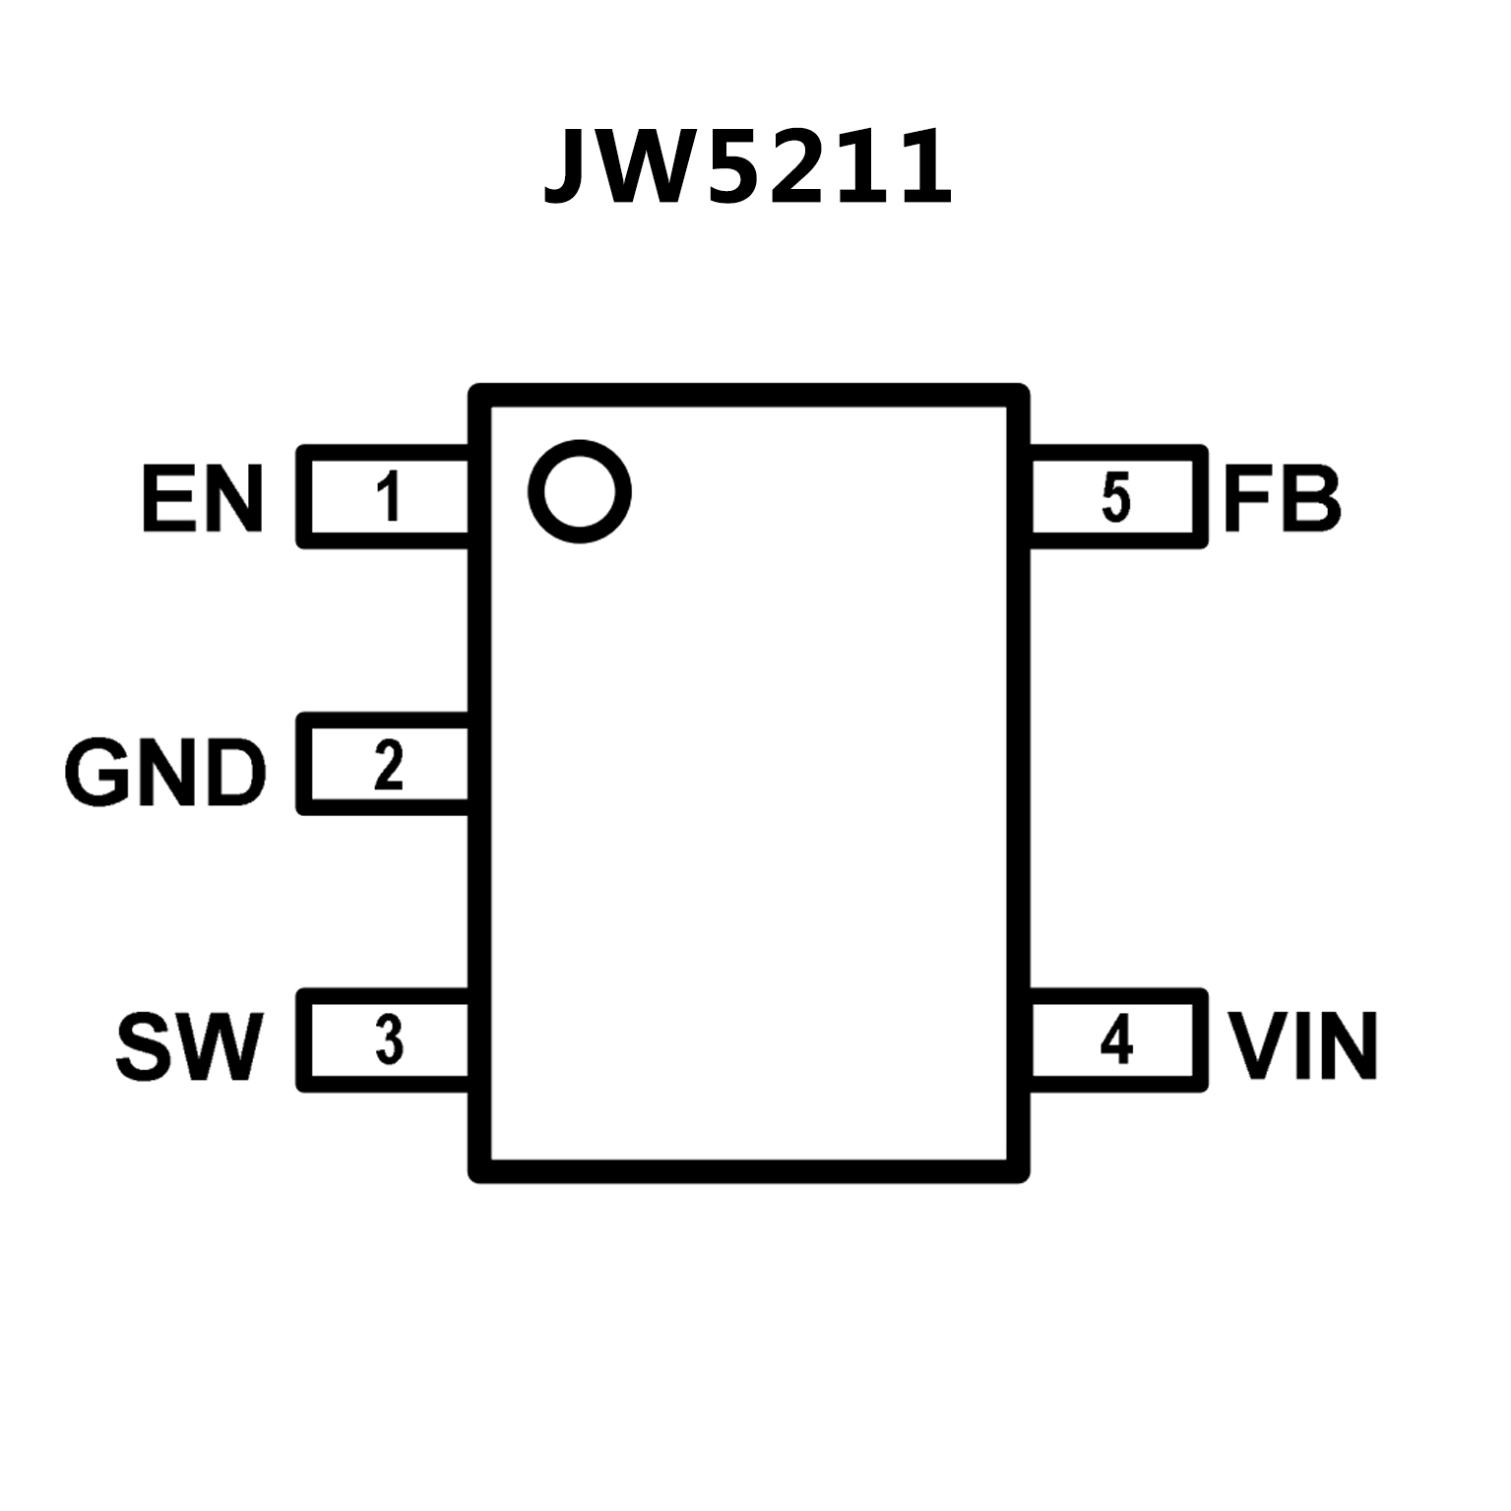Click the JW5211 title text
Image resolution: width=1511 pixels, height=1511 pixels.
(748, 167)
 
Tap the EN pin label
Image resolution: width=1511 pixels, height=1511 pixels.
(203, 499)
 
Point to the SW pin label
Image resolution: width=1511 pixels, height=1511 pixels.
(190, 1046)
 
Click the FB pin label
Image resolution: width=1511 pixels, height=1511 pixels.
(1282, 499)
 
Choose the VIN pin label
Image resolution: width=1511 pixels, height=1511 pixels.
(1304, 1046)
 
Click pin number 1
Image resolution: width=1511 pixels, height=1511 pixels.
(391, 497)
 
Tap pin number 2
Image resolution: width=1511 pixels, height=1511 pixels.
(389, 767)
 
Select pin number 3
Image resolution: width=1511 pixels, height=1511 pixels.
(390, 1040)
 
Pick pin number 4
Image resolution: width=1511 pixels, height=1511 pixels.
(1116, 1040)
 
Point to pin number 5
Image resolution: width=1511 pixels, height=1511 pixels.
(1116, 497)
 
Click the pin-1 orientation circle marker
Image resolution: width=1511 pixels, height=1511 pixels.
(579, 490)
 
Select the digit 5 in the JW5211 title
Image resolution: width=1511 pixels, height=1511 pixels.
(736, 167)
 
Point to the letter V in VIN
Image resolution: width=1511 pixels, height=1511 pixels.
(1258, 1046)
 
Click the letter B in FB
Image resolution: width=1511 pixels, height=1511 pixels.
(1311, 499)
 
